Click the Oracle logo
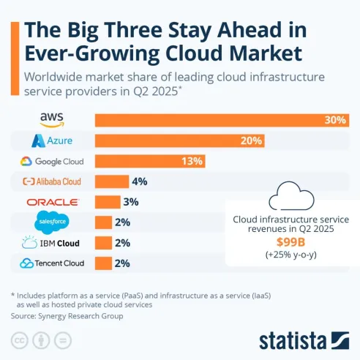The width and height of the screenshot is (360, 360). point(52,202)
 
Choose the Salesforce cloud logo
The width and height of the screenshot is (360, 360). point(52,222)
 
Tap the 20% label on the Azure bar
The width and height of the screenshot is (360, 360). point(251,140)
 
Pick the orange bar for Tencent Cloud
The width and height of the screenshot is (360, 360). point(103,263)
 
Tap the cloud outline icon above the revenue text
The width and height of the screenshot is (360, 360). point(288,197)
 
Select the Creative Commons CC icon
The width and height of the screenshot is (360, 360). point(18,340)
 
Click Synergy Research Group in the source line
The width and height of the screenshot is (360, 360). point(86,316)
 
